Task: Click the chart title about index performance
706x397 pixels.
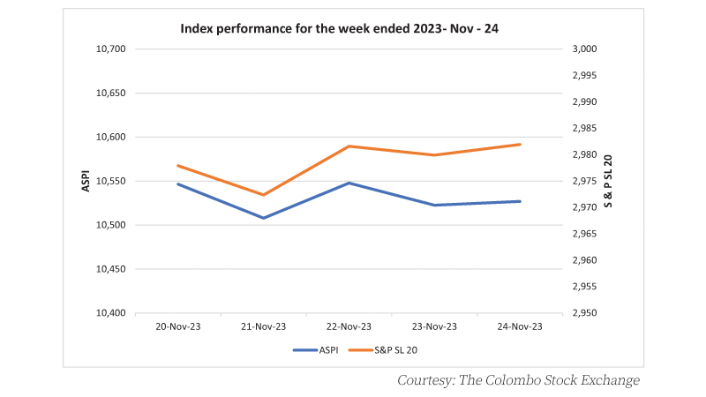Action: coord(339,29)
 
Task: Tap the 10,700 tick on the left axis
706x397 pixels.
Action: coord(111,49)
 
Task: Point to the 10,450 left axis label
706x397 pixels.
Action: coord(111,269)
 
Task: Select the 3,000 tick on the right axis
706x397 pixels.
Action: coord(584,49)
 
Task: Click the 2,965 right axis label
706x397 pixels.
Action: coord(584,234)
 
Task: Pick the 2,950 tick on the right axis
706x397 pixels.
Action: coord(584,313)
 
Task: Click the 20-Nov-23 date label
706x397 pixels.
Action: coord(178,326)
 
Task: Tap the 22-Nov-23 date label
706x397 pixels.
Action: coord(349,326)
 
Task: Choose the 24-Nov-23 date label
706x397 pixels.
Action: coord(520,326)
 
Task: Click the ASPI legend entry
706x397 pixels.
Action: coord(316,350)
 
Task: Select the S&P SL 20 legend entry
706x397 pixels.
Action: coord(383,350)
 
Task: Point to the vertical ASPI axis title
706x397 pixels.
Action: coord(86,181)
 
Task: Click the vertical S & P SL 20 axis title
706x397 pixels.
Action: coord(608,181)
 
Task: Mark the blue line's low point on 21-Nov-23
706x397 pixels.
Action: coord(263,218)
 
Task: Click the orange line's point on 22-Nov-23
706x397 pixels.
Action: coord(349,146)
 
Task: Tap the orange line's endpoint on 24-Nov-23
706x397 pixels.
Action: coord(520,145)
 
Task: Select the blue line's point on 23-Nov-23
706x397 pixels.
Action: coord(434,206)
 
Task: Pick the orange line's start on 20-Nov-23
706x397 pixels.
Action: coord(178,166)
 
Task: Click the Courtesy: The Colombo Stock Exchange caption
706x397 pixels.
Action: coord(518,380)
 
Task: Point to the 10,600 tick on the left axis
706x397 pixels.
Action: coord(111,137)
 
